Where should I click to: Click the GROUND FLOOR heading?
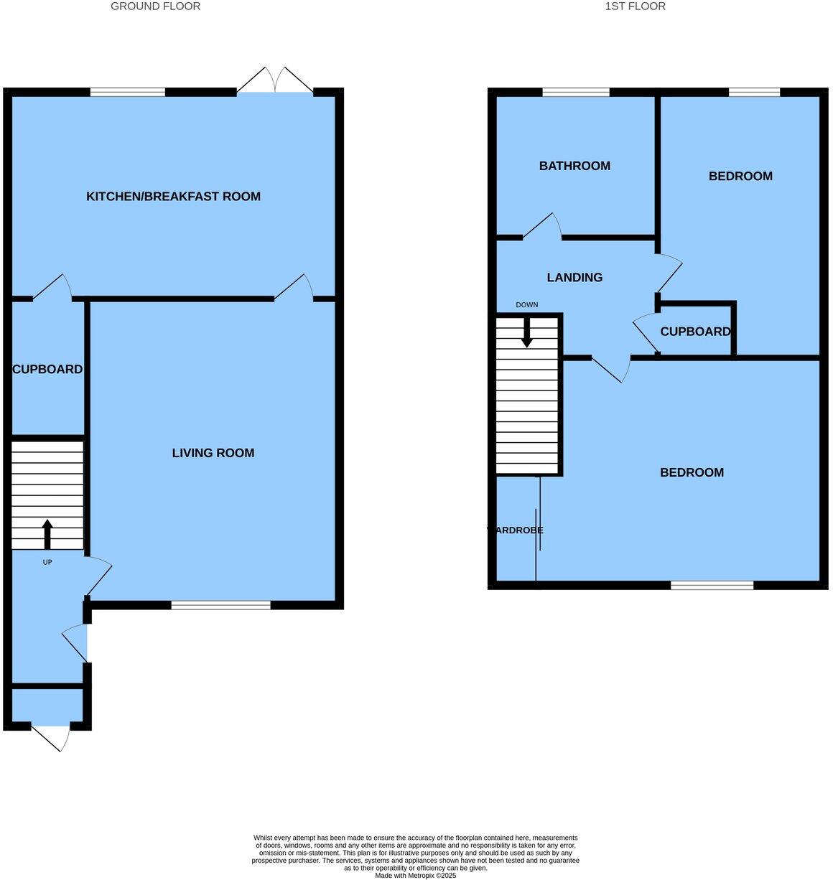click(x=155, y=6)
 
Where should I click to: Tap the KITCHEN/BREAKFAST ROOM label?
click(x=173, y=197)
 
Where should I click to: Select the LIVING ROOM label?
click(x=213, y=453)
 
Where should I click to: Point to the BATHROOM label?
click(x=574, y=166)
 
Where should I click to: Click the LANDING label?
click(x=574, y=278)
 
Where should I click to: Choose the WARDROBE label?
click(x=516, y=530)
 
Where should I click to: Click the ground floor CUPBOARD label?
click(x=47, y=370)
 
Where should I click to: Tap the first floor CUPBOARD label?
click(x=695, y=332)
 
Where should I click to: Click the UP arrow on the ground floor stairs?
click(x=47, y=533)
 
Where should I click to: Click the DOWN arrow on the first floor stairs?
click(x=526, y=332)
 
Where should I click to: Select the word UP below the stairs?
click(x=47, y=563)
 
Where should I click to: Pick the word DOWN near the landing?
click(x=526, y=305)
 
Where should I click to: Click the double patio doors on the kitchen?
click(x=275, y=81)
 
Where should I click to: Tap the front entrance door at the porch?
click(x=51, y=738)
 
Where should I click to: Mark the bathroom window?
click(x=575, y=92)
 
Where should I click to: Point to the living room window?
click(x=220, y=605)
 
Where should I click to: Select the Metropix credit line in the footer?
click(x=415, y=875)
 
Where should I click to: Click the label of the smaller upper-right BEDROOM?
click(x=740, y=177)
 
